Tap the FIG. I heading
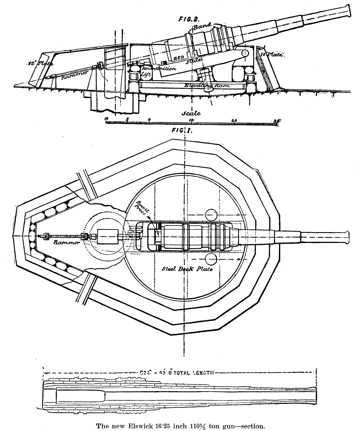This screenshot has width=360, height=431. pyautogui.click(x=182, y=130)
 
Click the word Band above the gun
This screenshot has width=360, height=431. pyautogui.click(x=203, y=27)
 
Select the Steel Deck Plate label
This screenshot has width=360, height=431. pyautogui.click(x=187, y=269)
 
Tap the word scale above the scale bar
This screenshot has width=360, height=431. pyautogui.click(x=191, y=113)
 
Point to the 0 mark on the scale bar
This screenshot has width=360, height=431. pyautogui.click(x=149, y=119)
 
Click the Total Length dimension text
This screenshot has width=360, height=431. pyautogui.click(x=178, y=373)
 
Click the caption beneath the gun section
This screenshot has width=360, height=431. pyautogui.click(x=180, y=425)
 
